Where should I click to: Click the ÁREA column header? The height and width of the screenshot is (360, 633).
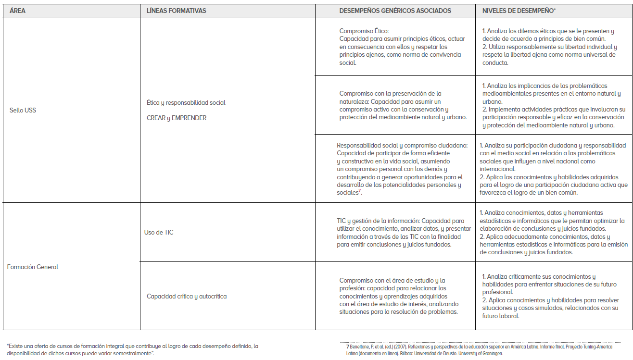17,11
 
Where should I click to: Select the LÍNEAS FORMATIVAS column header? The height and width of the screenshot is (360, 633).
176,11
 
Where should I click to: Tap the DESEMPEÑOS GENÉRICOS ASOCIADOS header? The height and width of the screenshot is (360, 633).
395,11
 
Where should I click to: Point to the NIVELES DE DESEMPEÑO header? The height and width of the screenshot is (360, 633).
518,11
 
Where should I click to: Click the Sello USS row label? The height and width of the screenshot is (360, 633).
23,110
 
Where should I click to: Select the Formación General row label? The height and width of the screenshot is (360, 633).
33,267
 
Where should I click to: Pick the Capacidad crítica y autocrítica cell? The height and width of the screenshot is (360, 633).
187,296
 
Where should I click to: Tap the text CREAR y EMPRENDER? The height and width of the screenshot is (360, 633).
177,118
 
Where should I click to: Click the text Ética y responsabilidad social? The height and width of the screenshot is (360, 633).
186,102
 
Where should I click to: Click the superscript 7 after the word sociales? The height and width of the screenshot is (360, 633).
359,191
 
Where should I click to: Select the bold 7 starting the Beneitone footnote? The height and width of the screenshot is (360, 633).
347,347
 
